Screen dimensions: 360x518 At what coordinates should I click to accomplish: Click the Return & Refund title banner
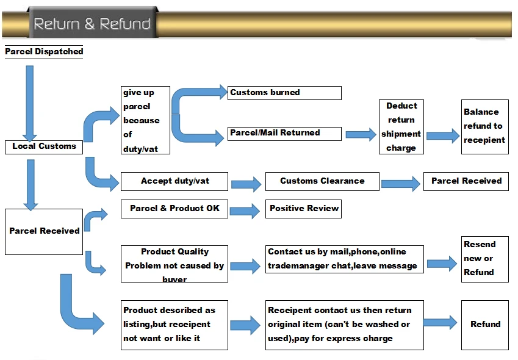click(x=92, y=24)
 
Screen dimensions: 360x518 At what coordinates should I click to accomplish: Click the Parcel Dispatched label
click(x=44, y=52)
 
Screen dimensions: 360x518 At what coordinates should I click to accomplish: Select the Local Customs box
click(x=44, y=146)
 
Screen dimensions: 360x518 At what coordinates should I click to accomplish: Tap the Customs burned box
click(x=284, y=93)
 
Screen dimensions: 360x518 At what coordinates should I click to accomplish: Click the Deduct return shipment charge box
click(x=401, y=127)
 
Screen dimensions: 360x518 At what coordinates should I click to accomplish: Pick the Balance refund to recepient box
click(x=484, y=126)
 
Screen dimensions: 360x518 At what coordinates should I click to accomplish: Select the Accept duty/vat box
click(x=174, y=181)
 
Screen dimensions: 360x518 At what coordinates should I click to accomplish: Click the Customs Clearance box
click(x=322, y=181)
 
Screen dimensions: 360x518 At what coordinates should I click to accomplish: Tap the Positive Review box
click(x=303, y=209)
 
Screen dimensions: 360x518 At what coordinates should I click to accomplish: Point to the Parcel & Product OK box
click(x=174, y=209)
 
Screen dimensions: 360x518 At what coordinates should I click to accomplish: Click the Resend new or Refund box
click(x=484, y=258)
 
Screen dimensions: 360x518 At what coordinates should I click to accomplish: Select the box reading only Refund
click(x=484, y=325)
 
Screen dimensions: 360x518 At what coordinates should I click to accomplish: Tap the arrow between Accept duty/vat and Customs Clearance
click(x=246, y=182)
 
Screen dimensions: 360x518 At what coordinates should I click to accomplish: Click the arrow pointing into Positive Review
click(x=245, y=211)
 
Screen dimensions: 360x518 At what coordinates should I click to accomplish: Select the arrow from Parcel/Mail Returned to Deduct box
click(x=361, y=135)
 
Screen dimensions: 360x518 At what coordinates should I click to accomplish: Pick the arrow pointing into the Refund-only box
click(x=440, y=324)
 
